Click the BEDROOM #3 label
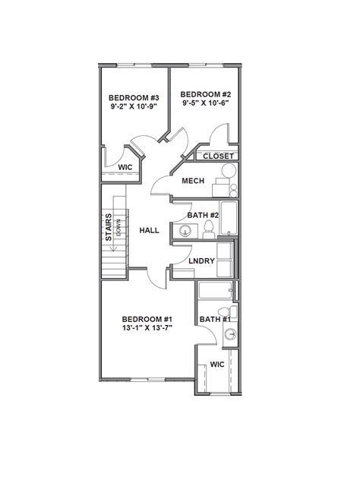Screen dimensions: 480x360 [133, 97]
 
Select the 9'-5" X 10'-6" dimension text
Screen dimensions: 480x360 [204, 104]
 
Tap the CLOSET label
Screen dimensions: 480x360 [219, 156]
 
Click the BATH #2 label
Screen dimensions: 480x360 [203, 216]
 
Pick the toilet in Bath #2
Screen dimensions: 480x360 [207, 232]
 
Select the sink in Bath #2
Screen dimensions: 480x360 [185, 231]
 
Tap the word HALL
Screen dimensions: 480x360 [148, 230]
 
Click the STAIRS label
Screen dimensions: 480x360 [109, 227]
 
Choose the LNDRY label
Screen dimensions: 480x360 [203, 261]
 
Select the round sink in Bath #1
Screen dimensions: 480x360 [229, 334]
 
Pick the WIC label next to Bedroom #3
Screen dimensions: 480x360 [125, 167]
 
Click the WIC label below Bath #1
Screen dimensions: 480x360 [217, 365]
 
